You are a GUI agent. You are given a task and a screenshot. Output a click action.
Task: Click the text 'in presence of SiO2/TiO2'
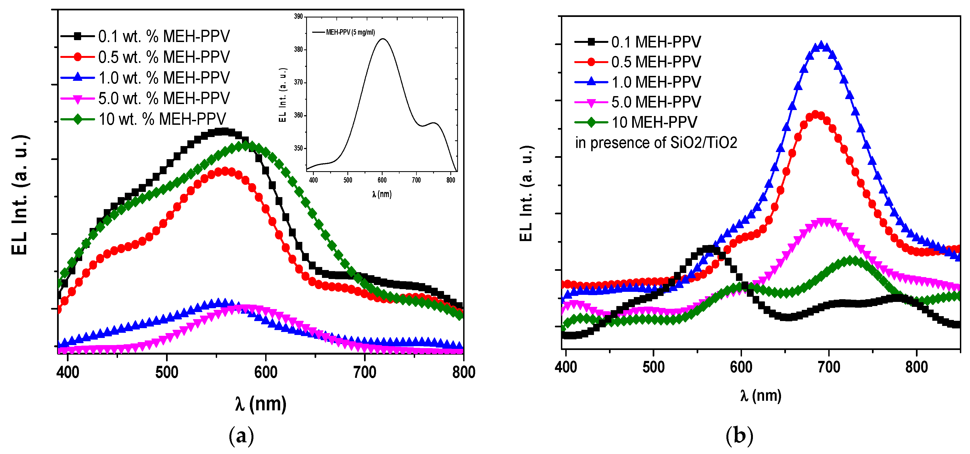pos(656,143)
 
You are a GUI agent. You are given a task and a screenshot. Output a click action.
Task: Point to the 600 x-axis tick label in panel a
pos(266,372)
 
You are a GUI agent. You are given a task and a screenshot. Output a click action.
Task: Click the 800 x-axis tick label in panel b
pos(916,367)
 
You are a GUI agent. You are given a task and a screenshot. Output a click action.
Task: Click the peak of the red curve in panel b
pos(816,114)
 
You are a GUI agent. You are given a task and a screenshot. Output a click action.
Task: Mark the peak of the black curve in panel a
pos(224,131)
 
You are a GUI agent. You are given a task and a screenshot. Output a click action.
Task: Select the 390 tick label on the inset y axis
pos(298,17)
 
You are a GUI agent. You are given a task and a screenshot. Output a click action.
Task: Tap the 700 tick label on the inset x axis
pos(416,180)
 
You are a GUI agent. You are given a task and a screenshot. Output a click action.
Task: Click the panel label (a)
pos(241,435)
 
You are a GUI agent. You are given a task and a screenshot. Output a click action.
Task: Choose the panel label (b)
pos(739,435)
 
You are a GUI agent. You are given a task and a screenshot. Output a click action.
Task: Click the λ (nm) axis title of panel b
pos(761,396)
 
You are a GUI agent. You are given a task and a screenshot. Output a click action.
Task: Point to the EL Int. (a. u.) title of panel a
pos(20,194)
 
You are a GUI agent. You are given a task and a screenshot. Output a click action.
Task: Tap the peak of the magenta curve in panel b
pos(825,222)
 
